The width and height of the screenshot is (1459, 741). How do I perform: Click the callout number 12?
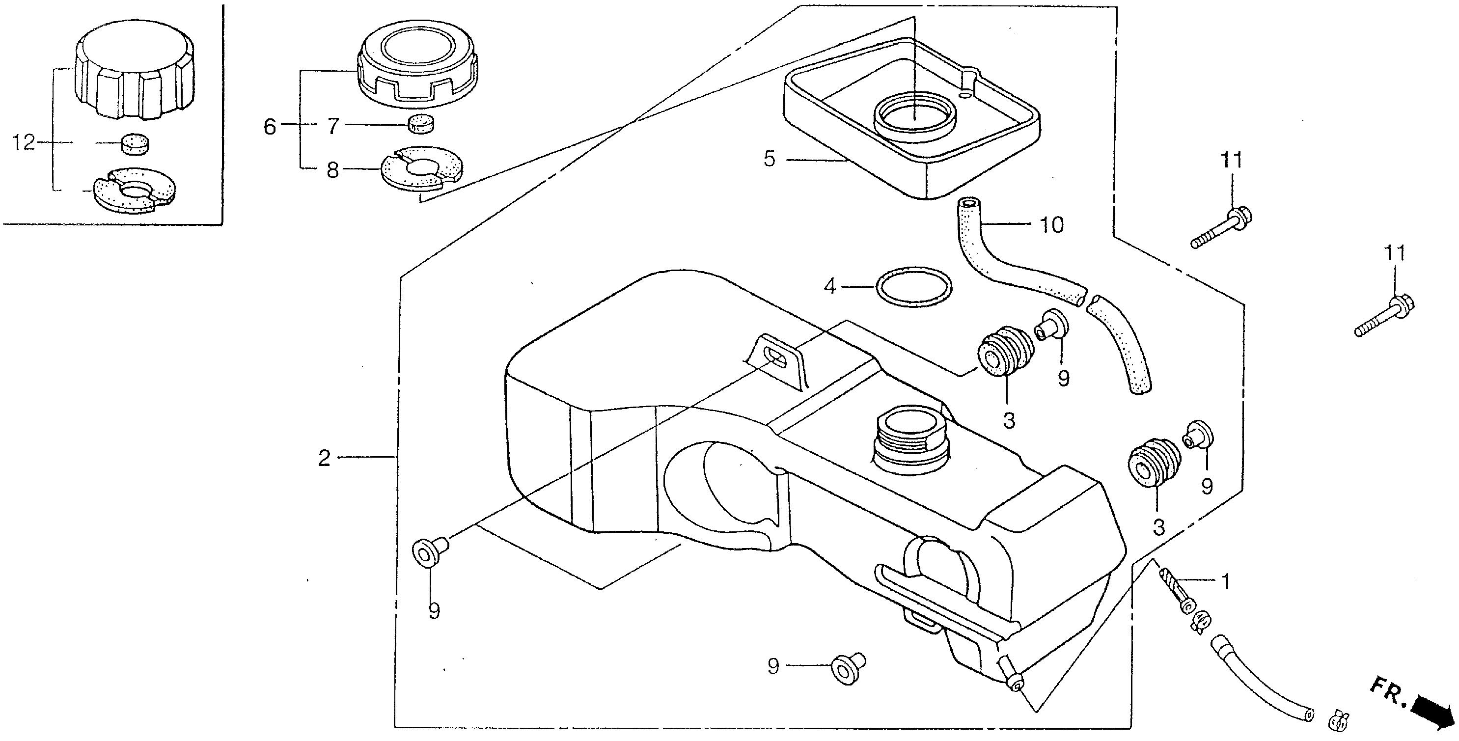click(x=24, y=143)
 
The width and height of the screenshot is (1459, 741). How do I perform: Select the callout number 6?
click(x=270, y=127)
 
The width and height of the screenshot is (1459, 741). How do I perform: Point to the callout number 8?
click(x=332, y=170)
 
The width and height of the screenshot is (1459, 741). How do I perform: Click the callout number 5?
click(x=769, y=160)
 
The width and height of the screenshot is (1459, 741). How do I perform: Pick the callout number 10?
click(x=1052, y=225)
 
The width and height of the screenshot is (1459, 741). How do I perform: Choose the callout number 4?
click(x=830, y=287)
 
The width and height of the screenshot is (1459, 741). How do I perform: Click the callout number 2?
click(x=324, y=458)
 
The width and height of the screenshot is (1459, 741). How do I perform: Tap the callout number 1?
click(x=1225, y=581)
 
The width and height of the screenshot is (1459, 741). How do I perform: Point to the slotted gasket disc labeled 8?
click(x=422, y=169)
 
